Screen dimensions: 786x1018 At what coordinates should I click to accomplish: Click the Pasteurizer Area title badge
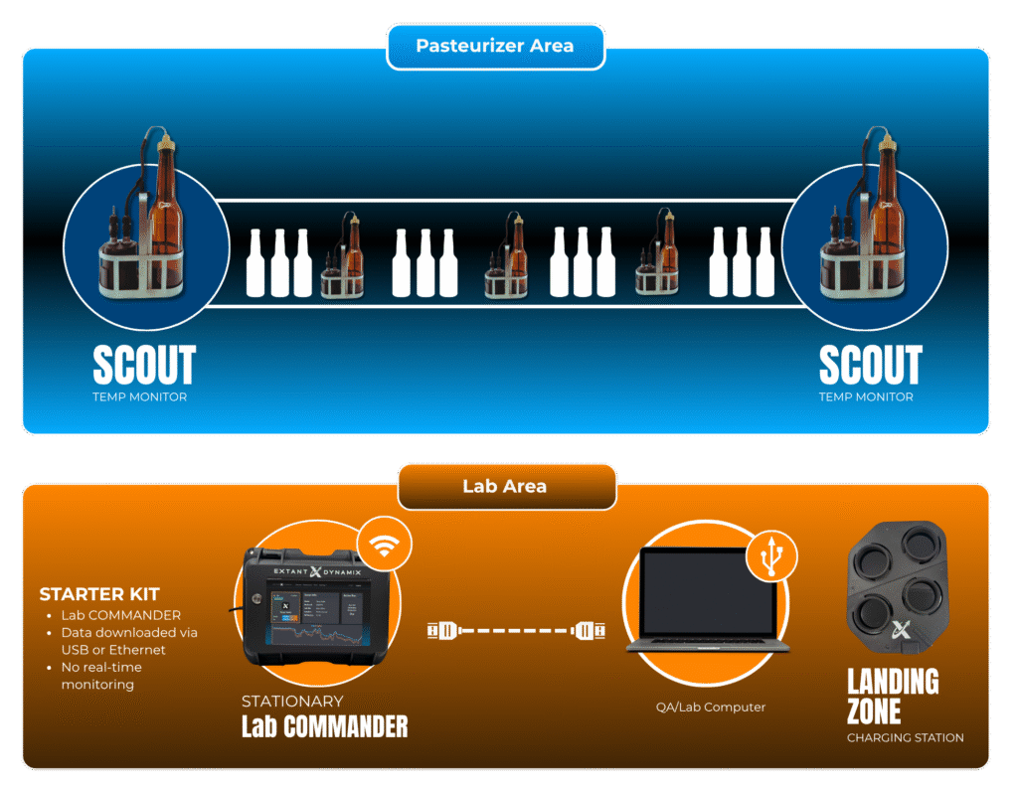pos(494,47)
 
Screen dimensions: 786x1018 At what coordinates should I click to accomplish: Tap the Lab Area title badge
pos(506,487)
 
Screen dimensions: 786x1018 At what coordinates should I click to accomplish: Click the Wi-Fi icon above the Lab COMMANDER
pos(385,545)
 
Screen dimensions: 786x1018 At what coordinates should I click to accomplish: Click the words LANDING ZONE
pos(892,696)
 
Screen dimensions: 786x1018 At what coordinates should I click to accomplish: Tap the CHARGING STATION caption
pos(905,738)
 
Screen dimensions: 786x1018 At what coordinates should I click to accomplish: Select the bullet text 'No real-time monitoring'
pos(100,676)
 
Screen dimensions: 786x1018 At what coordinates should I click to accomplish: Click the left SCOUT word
pos(143,365)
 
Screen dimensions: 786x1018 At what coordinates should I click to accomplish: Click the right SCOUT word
pos(870,365)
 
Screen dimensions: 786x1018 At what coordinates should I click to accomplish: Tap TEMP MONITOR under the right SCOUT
pos(865,396)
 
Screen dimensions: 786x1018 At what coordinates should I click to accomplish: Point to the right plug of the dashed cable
pos(586,629)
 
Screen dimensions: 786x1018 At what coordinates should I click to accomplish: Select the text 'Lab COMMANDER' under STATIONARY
pos(324,726)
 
